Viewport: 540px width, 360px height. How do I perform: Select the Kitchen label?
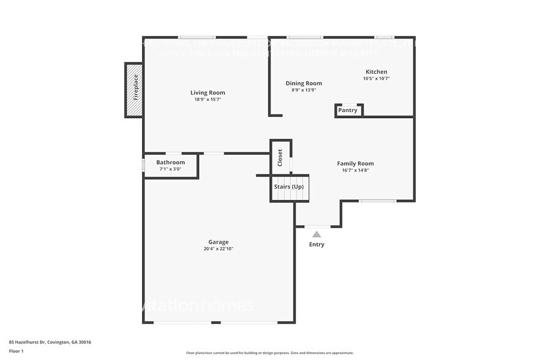377,72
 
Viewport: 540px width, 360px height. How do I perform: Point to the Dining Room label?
304,83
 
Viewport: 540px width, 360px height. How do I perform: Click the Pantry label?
348,111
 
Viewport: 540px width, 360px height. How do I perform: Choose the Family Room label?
355,163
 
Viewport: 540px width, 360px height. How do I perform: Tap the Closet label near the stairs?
280,157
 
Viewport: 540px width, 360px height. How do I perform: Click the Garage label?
219,242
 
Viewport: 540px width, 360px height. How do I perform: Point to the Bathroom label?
170,162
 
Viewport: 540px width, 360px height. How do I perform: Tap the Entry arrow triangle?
317,234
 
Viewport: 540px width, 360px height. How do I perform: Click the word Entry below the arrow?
317,245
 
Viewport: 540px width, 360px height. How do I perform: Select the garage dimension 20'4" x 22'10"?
219,249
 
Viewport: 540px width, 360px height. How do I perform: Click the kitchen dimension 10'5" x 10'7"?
377,78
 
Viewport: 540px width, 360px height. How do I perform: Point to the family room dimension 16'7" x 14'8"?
355,170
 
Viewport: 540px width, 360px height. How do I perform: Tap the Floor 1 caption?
16,351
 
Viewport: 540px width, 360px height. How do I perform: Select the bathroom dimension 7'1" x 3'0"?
170,169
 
